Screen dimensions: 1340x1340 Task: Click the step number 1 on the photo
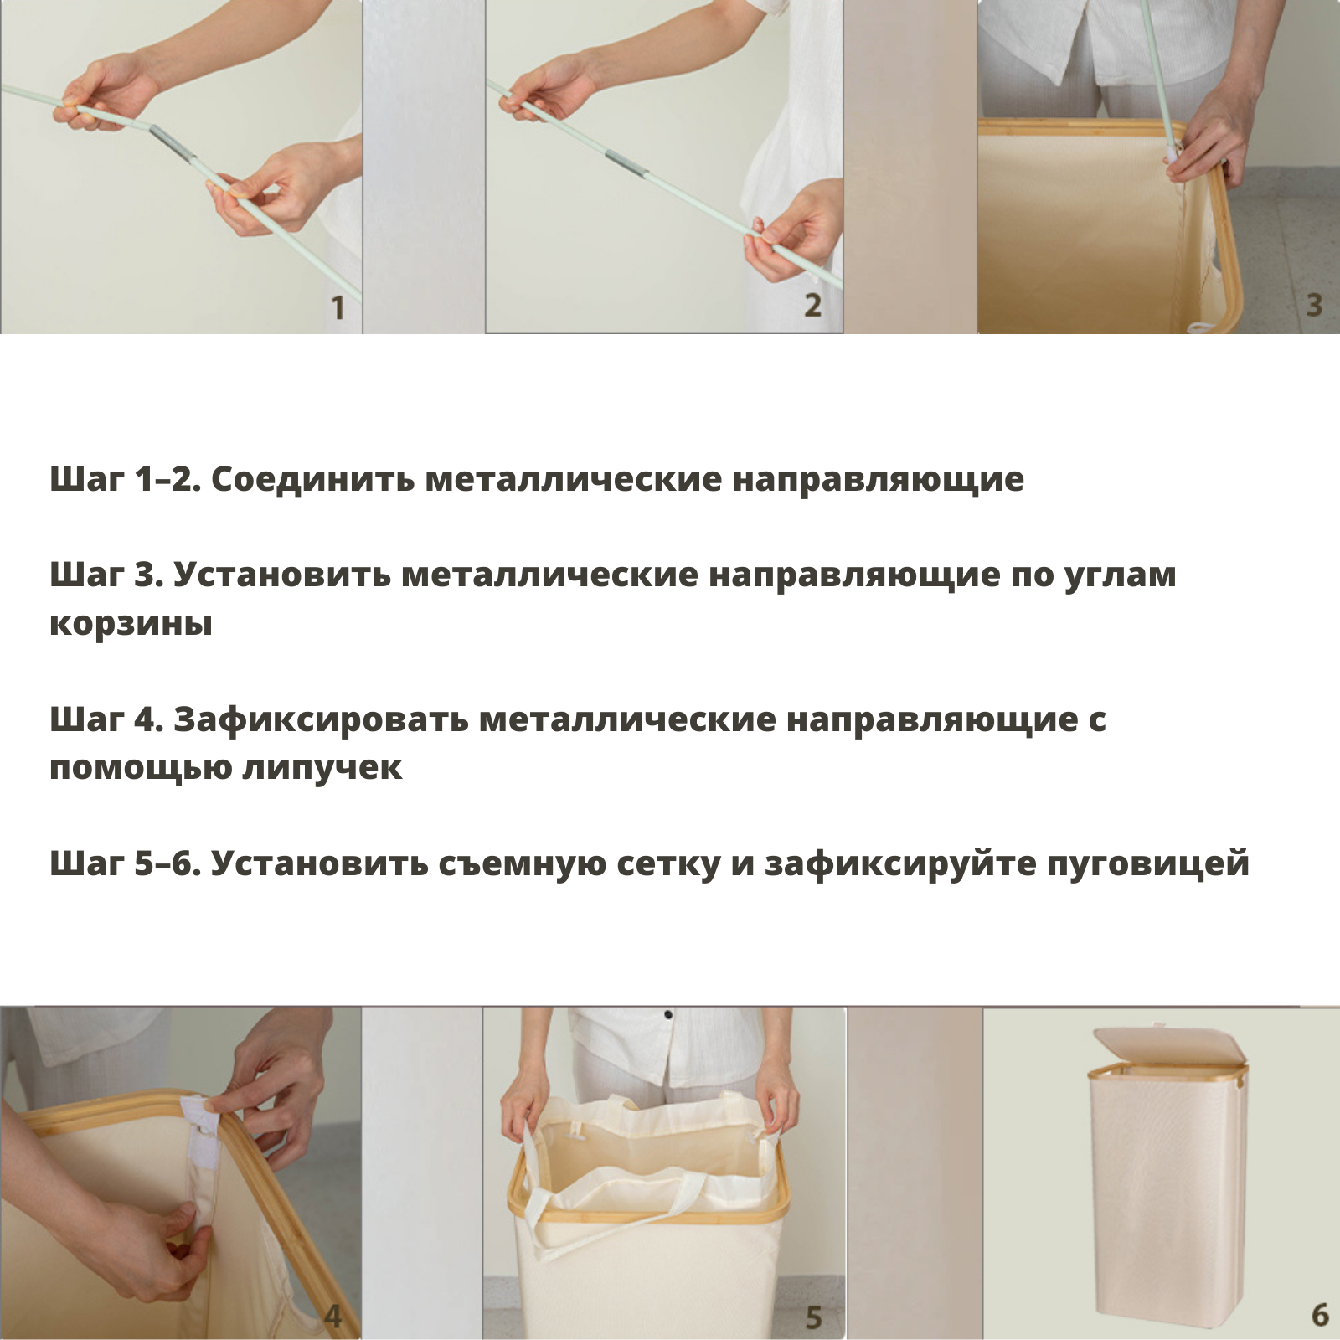(338, 308)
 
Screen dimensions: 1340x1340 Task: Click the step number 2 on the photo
(812, 306)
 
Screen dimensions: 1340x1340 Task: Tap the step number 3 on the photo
(1314, 305)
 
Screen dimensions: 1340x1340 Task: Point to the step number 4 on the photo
(333, 1317)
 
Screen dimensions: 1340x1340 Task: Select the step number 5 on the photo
(813, 1317)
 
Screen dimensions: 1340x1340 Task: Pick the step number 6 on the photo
(1320, 1315)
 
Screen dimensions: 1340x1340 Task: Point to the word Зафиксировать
(321, 719)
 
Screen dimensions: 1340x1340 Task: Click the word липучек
(322, 768)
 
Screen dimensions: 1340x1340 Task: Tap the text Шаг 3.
(106, 575)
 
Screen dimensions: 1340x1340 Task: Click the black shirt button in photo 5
(668, 1016)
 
